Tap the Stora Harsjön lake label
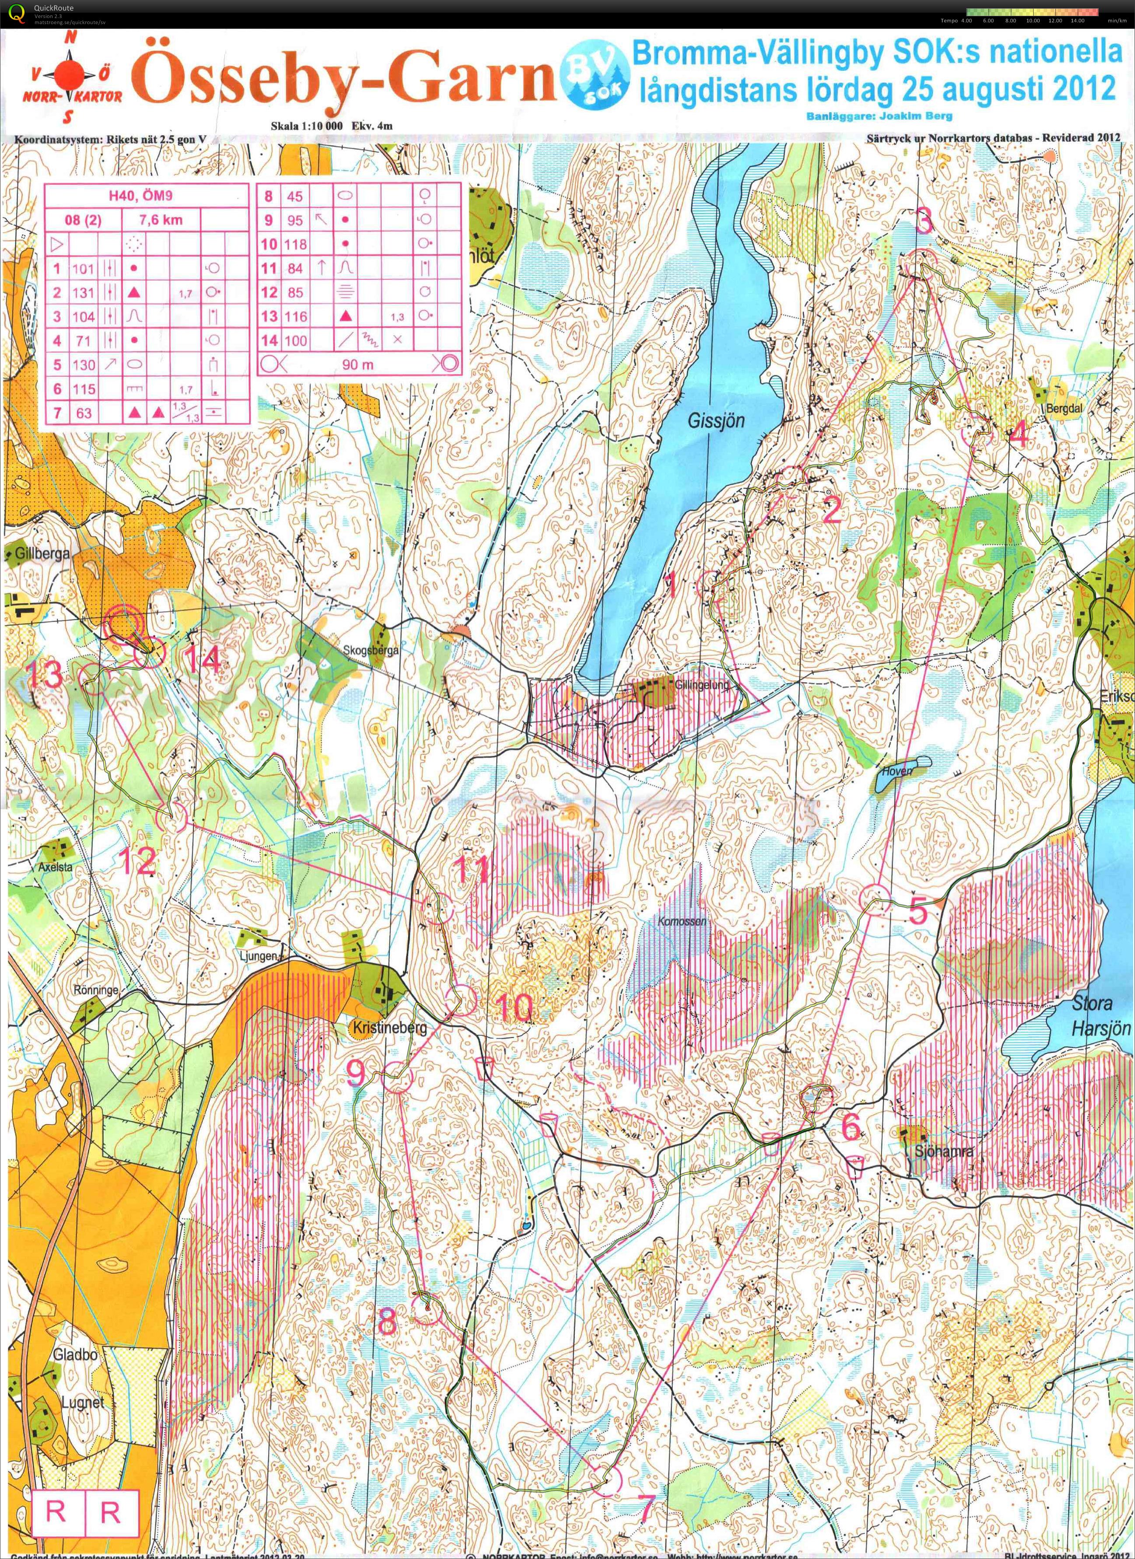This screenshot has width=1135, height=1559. (x=1100, y=1016)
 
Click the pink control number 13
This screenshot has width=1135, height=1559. (x=45, y=677)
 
